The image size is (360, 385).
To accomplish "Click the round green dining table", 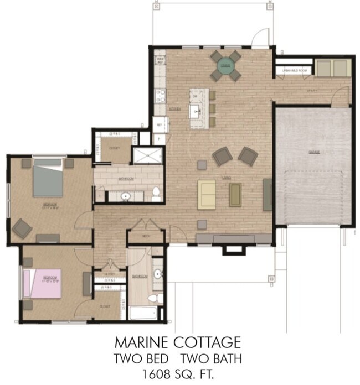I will [225, 66].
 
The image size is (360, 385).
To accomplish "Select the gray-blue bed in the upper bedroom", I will [48, 178].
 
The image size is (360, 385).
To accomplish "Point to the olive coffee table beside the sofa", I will [235, 194].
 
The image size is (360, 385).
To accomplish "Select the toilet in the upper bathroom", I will [156, 193].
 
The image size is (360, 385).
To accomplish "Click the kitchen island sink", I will [196, 111].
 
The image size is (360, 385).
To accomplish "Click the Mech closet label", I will [146, 235].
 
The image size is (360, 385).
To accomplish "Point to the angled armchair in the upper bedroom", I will [22, 227].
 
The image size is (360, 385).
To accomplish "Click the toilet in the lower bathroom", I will [160, 298].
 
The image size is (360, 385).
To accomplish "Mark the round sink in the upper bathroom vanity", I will [125, 196].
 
